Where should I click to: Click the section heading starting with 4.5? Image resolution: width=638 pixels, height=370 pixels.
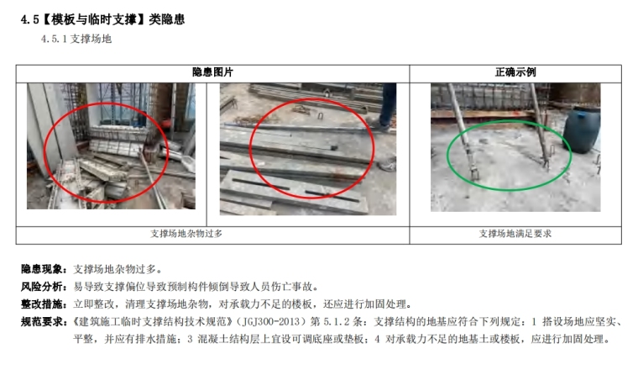tap(102, 19)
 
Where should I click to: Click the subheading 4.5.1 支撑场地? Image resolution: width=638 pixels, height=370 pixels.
tap(76, 39)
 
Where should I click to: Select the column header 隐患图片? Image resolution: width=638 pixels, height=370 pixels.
tap(212, 72)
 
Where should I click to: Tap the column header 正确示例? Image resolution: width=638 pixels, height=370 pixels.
tap(515, 72)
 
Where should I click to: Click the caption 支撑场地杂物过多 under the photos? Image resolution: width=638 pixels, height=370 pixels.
tap(186, 234)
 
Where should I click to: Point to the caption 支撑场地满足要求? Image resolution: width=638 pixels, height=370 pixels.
tap(515, 234)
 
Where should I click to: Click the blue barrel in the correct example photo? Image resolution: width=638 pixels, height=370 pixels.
tap(582, 129)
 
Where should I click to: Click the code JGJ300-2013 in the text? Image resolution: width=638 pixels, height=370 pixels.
tap(270, 321)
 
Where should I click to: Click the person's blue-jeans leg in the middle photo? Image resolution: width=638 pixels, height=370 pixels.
tap(387, 104)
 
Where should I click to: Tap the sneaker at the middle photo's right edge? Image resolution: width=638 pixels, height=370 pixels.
tap(388, 165)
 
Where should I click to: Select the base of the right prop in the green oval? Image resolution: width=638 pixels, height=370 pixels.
tap(546, 162)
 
